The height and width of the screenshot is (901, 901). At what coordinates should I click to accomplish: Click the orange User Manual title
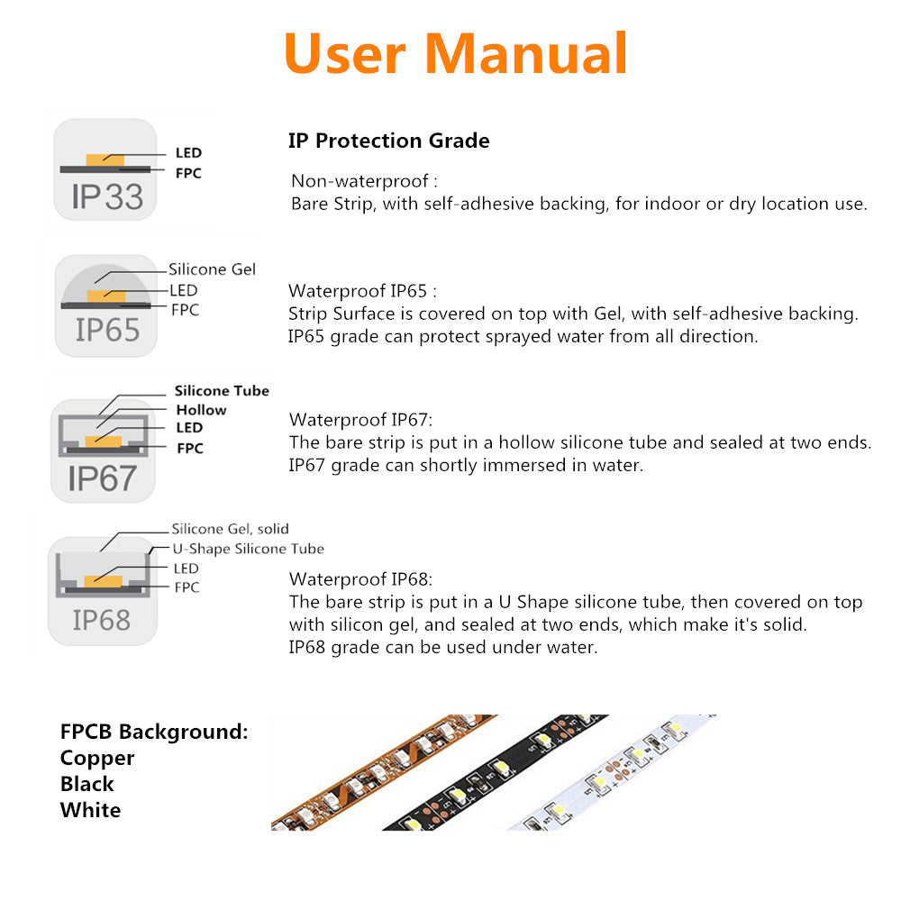coord(455,54)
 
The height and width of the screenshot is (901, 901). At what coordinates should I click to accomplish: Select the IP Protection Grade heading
coord(388,141)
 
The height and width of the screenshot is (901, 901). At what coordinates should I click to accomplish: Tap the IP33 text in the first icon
coord(107,196)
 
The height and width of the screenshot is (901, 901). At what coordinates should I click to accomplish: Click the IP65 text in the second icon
coord(107,330)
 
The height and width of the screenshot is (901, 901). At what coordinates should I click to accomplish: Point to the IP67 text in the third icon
coord(102,478)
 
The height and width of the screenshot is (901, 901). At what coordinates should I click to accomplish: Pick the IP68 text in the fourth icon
coord(102,620)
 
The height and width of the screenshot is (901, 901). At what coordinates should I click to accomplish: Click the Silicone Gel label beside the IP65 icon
coord(212,269)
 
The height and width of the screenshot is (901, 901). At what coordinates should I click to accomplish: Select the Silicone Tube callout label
coord(222,391)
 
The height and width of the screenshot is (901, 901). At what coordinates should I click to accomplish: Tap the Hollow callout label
coord(201,410)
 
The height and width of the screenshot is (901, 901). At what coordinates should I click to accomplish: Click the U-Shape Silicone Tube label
coord(248,549)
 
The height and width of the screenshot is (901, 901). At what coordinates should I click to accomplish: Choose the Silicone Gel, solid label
coord(230,529)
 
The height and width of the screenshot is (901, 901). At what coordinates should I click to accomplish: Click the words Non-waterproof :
coord(365,181)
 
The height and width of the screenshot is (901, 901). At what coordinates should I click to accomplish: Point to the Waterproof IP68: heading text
coord(360,578)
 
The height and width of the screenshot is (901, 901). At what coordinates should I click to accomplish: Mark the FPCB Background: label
coord(154,732)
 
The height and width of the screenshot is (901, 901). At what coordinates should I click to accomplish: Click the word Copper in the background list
coord(97,758)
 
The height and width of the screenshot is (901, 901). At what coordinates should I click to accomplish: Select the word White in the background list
coord(90,810)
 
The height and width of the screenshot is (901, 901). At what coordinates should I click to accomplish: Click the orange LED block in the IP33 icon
coord(104,159)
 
